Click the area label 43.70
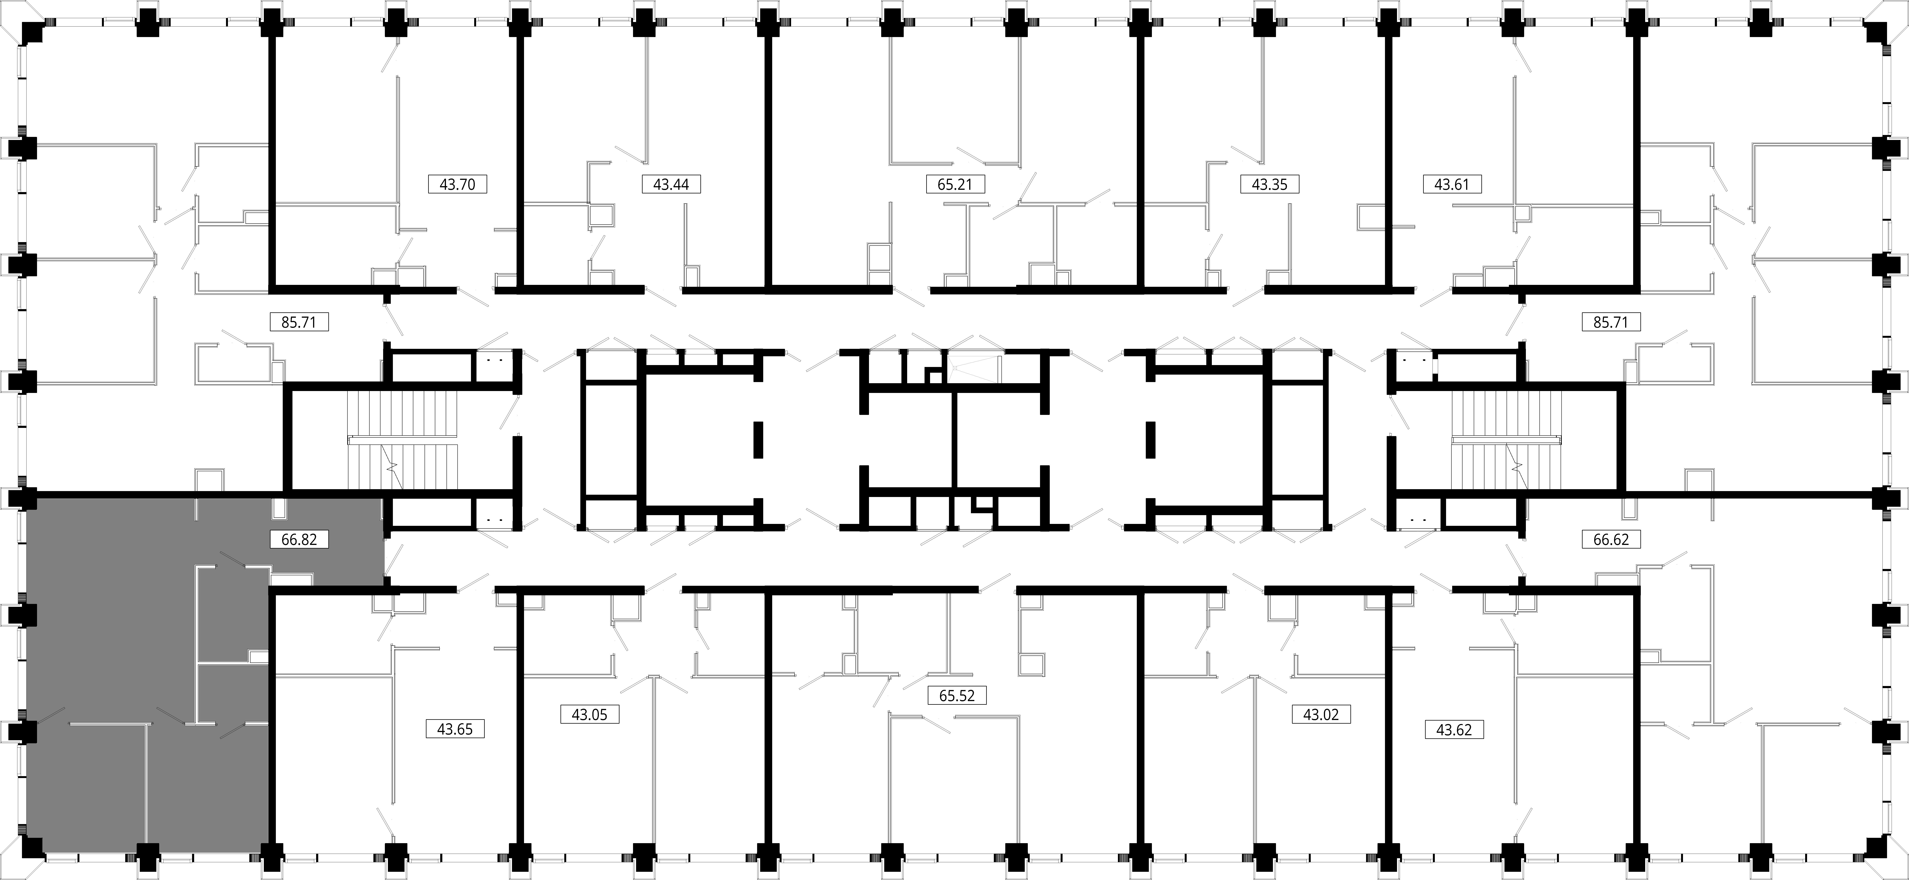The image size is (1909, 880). coord(457,184)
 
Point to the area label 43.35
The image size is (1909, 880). coord(1269,184)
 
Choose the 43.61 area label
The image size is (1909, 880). coord(1452,184)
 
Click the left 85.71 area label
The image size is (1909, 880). coord(299,322)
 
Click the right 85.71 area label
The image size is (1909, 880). coord(1610,322)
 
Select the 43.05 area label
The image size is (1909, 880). coord(589,715)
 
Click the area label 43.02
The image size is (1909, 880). coord(1321,715)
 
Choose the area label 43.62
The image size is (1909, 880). coord(1454,730)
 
